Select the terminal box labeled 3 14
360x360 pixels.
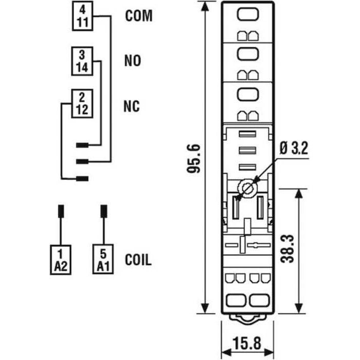pos(82,61)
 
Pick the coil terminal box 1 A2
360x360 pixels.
pos(60,259)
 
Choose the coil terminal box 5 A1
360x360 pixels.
pos(103,259)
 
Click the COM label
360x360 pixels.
pos(139,16)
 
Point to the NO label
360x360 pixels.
pos(132,61)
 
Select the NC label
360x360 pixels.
pos(132,106)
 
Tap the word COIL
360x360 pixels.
pos(138,260)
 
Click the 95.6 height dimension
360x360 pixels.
pos(193,159)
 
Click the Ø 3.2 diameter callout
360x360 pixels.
pos(294,150)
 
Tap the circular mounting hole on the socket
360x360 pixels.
pos(248,188)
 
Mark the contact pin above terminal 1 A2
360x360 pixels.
pos(60,211)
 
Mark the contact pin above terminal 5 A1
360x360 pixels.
pos(103,211)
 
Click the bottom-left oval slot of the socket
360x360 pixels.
pos(236,300)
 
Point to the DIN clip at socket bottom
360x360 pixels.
pos(247,318)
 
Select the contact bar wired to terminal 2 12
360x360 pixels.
pos(82,179)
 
